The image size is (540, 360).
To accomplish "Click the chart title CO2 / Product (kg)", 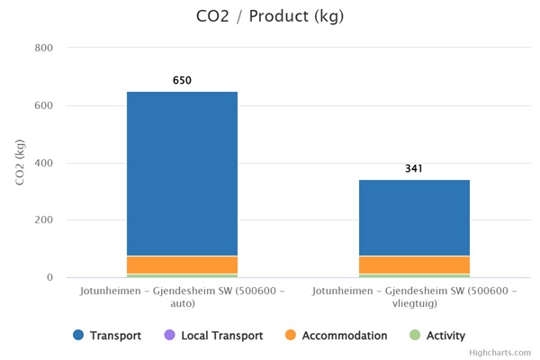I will tap(270, 16).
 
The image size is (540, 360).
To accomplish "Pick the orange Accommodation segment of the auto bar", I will tap(182, 265).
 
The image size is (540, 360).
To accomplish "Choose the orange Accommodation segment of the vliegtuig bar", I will tap(414, 265).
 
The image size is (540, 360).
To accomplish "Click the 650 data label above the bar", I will tap(182, 81).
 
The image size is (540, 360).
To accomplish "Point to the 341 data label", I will tap(414, 169).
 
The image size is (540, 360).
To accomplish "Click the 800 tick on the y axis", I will tap(43, 48).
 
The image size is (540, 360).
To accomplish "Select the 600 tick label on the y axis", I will tap(43, 105).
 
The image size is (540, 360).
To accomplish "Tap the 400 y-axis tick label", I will tap(43, 163).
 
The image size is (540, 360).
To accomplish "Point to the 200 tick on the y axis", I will tap(43, 220).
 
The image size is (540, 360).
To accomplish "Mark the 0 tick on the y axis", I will tap(50, 278).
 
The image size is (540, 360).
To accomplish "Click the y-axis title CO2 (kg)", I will tap(20, 163).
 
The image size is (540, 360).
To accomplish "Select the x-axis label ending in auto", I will tap(182, 298).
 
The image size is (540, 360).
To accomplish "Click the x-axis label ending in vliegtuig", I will tap(414, 298).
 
